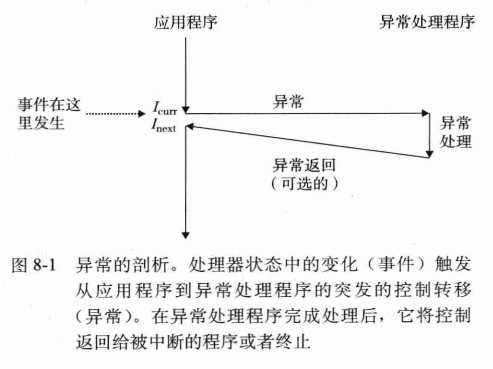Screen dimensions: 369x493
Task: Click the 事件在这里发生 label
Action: (x=49, y=114)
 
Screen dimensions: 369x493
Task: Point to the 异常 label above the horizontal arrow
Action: (x=288, y=102)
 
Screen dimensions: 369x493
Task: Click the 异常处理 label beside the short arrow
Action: (x=455, y=133)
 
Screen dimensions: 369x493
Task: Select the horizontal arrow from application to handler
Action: (x=306, y=113)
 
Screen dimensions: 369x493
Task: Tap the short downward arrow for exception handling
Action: (x=429, y=135)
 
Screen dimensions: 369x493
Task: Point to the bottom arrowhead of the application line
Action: (x=186, y=232)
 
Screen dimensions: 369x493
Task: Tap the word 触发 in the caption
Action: (x=456, y=265)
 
